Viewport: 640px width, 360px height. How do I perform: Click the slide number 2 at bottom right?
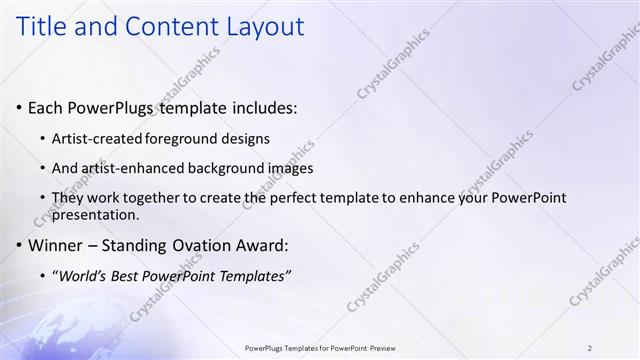(590, 348)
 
